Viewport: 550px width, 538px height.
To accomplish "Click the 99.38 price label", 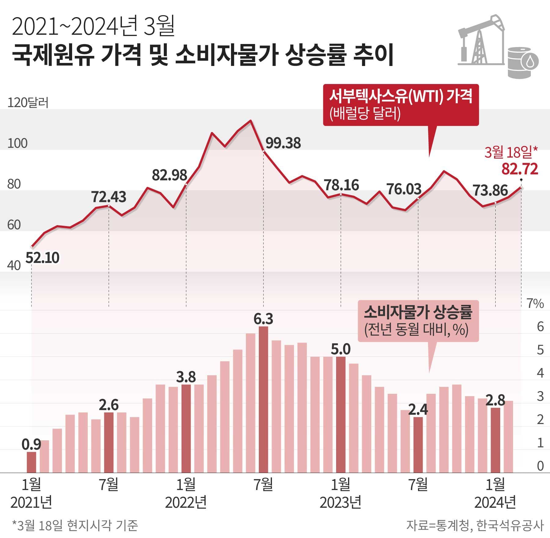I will (x=283, y=143).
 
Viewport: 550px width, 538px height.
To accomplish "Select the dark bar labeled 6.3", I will (x=263, y=400).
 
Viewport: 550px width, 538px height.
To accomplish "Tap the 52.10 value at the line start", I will (x=42, y=258).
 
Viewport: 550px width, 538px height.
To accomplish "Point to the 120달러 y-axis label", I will (x=28, y=103).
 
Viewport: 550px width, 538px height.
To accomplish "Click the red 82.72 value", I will (x=520, y=169).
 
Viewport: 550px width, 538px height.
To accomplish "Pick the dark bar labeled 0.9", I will (x=31, y=462).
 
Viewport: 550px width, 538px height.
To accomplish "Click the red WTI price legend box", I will (x=401, y=105).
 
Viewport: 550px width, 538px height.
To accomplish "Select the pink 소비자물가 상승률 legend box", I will (x=418, y=320).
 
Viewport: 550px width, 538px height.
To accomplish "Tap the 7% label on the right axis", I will (x=535, y=304).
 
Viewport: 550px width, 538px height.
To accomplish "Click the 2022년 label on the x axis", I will (x=186, y=502).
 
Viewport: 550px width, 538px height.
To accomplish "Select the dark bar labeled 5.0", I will (x=341, y=415).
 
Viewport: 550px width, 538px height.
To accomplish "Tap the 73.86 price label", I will (x=490, y=190).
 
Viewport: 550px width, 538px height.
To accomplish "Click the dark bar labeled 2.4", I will (x=418, y=445).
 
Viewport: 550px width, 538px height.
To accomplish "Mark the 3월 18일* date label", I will (x=511, y=152).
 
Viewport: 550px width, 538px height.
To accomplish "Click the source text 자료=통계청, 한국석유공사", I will (x=475, y=525).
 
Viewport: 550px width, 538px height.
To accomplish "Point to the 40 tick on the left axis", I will (x=14, y=265).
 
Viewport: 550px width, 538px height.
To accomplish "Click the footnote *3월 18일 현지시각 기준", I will (x=75, y=525).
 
